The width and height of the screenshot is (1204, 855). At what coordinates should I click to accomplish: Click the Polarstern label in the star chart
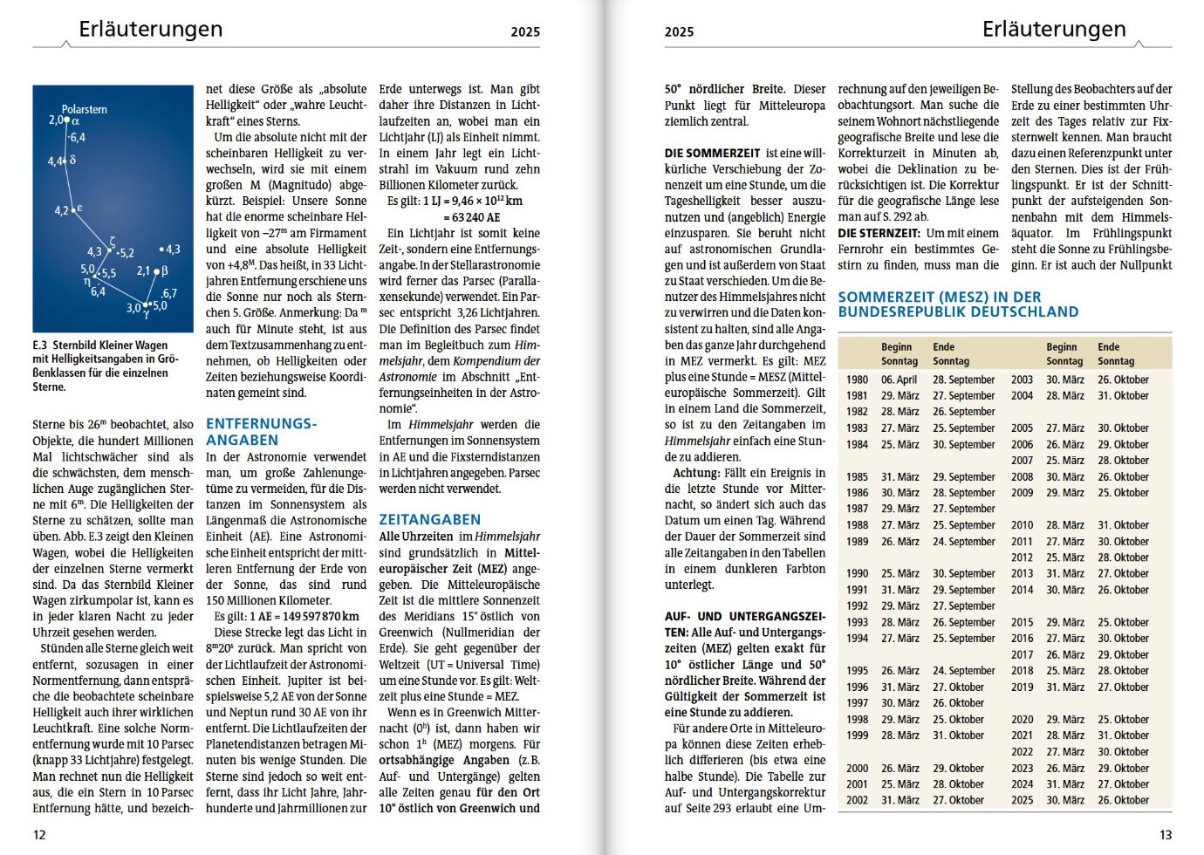(85, 109)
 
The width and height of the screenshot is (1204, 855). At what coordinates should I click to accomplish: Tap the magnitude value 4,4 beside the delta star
(55, 161)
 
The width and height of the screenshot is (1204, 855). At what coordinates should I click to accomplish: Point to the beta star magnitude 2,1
(144, 271)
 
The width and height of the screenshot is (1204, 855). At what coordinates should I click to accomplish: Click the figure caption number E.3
(40, 345)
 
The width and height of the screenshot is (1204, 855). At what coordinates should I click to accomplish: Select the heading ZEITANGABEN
(429, 519)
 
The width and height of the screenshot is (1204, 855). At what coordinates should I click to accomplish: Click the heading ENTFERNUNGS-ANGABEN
(261, 432)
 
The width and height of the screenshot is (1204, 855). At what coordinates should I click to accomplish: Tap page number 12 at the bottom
(39, 835)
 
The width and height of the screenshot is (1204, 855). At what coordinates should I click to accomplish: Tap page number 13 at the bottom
(1166, 835)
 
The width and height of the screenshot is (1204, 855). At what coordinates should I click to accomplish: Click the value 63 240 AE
(475, 217)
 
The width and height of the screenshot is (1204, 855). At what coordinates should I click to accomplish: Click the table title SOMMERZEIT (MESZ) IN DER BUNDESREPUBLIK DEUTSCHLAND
(958, 304)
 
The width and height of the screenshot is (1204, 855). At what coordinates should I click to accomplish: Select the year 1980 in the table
(857, 380)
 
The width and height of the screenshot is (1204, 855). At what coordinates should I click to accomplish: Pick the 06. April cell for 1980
(899, 380)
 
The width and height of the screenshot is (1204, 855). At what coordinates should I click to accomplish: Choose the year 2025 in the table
(1022, 800)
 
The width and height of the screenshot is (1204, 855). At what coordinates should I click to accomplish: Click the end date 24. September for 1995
(963, 671)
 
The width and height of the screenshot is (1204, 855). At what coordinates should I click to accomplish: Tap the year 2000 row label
(857, 769)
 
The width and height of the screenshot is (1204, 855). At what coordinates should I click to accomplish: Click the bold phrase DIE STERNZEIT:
(879, 233)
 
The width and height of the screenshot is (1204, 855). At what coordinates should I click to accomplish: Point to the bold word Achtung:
(695, 473)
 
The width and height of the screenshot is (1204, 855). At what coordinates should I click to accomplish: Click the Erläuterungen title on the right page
(1054, 30)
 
